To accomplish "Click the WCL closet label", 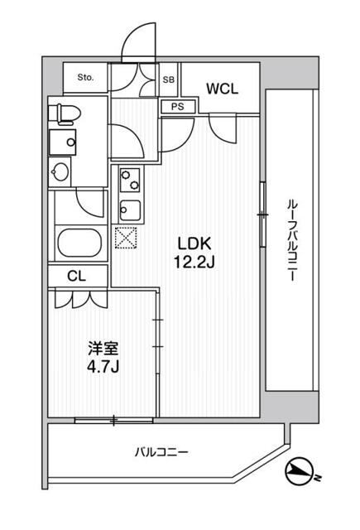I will click(x=223, y=89).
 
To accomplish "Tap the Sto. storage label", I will click(x=85, y=78).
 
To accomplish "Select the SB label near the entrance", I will click(x=168, y=79).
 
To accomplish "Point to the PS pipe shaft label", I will click(x=178, y=107).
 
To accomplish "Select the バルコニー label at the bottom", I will click(x=162, y=452).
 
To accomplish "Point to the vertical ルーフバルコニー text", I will click(x=291, y=239).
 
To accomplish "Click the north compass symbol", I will click(x=301, y=474).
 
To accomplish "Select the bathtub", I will click(x=79, y=244).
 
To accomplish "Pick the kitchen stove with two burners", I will click(x=130, y=177).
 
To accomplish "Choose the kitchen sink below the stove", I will click(x=130, y=206).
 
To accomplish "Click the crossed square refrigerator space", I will click(x=127, y=238).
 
